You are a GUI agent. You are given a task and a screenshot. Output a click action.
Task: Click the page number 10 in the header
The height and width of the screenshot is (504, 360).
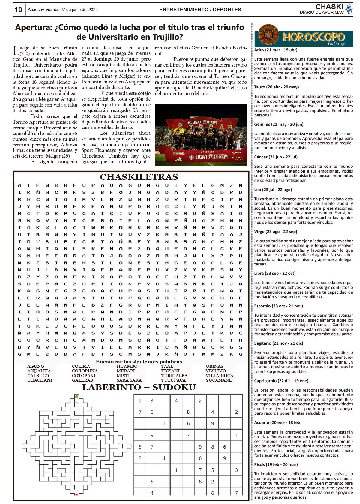point(18,10)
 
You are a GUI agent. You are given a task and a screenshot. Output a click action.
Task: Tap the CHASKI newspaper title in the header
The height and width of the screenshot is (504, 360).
point(329,7)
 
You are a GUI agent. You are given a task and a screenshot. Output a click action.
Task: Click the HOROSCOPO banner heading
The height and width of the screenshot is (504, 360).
point(313,37)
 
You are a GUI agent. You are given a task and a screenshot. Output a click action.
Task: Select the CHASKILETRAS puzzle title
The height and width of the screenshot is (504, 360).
point(139,177)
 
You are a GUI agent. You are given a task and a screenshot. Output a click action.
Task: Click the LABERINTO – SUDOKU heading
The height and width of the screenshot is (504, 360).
point(139,387)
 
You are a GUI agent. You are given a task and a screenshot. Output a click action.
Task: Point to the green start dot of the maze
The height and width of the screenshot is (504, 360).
point(77,397)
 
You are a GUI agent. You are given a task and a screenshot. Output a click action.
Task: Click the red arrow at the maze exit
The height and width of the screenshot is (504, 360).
point(77,494)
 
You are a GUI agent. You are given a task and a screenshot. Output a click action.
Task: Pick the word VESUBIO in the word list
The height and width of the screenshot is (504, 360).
point(216,371)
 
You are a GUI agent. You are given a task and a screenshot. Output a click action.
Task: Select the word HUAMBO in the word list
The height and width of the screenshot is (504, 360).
point(127,366)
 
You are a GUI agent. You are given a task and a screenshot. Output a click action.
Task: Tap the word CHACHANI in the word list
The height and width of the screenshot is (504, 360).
point(40,380)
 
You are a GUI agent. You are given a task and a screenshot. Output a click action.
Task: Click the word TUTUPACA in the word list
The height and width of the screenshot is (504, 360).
point(173,380)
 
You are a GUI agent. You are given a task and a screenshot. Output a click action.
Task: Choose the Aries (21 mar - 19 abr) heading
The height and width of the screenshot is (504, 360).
point(276,50)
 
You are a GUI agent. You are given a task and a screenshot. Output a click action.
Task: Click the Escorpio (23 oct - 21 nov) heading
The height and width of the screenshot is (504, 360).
point(278,306)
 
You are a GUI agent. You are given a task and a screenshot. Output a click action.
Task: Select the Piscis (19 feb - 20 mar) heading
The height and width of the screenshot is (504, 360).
point(276,465)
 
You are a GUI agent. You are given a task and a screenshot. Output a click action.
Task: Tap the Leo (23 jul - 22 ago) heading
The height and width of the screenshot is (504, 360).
point(273,190)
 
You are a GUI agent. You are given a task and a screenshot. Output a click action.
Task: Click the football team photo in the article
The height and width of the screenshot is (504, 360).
point(201,135)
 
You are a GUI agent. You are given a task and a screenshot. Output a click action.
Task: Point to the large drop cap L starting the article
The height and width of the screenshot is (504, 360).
point(16,51)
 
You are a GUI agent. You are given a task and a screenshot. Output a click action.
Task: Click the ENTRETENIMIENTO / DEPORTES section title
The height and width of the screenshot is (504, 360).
point(200,10)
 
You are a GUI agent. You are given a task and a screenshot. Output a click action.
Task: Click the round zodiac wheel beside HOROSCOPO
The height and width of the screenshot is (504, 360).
point(268,35)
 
